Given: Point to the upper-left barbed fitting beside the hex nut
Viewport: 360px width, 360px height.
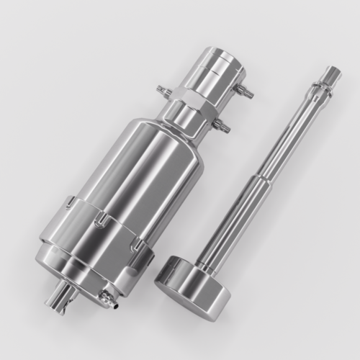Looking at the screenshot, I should pyautogui.click(x=163, y=91).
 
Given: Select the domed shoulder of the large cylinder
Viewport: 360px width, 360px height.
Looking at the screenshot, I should pyautogui.click(x=169, y=133).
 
